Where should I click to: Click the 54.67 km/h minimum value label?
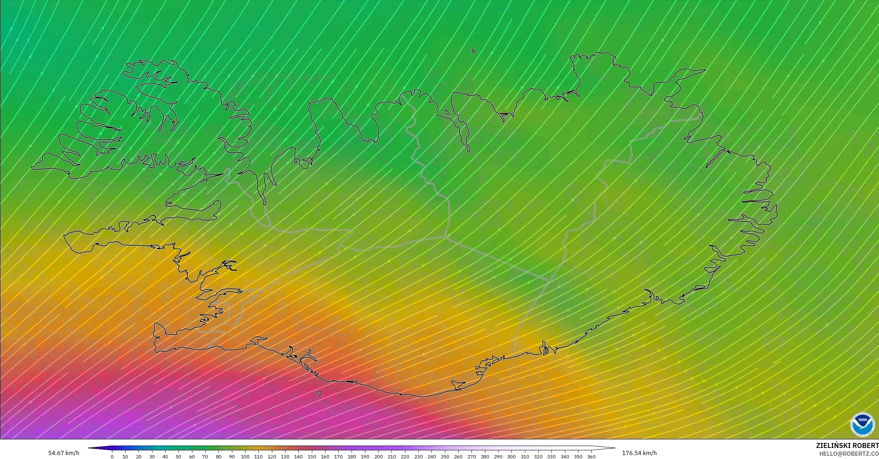(x=64, y=453)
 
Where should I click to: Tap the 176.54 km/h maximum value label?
(x=639, y=453)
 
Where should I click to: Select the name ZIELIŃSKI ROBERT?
(x=847, y=445)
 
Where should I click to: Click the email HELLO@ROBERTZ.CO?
(x=849, y=453)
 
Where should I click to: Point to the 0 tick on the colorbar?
(x=112, y=457)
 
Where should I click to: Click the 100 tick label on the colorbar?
(x=245, y=457)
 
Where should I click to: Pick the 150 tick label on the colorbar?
(x=312, y=457)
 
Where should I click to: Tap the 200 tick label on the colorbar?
(x=378, y=457)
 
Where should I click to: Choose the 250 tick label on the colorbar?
(x=445, y=457)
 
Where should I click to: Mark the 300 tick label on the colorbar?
(x=511, y=457)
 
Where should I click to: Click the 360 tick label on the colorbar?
(x=591, y=457)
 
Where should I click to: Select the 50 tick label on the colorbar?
(x=178, y=457)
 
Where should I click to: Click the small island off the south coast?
(x=319, y=393)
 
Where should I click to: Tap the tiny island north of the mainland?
(x=474, y=51)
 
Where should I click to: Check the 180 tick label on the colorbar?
(x=352, y=457)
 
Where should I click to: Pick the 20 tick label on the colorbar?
(x=138, y=457)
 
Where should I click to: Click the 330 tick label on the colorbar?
(x=551, y=457)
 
